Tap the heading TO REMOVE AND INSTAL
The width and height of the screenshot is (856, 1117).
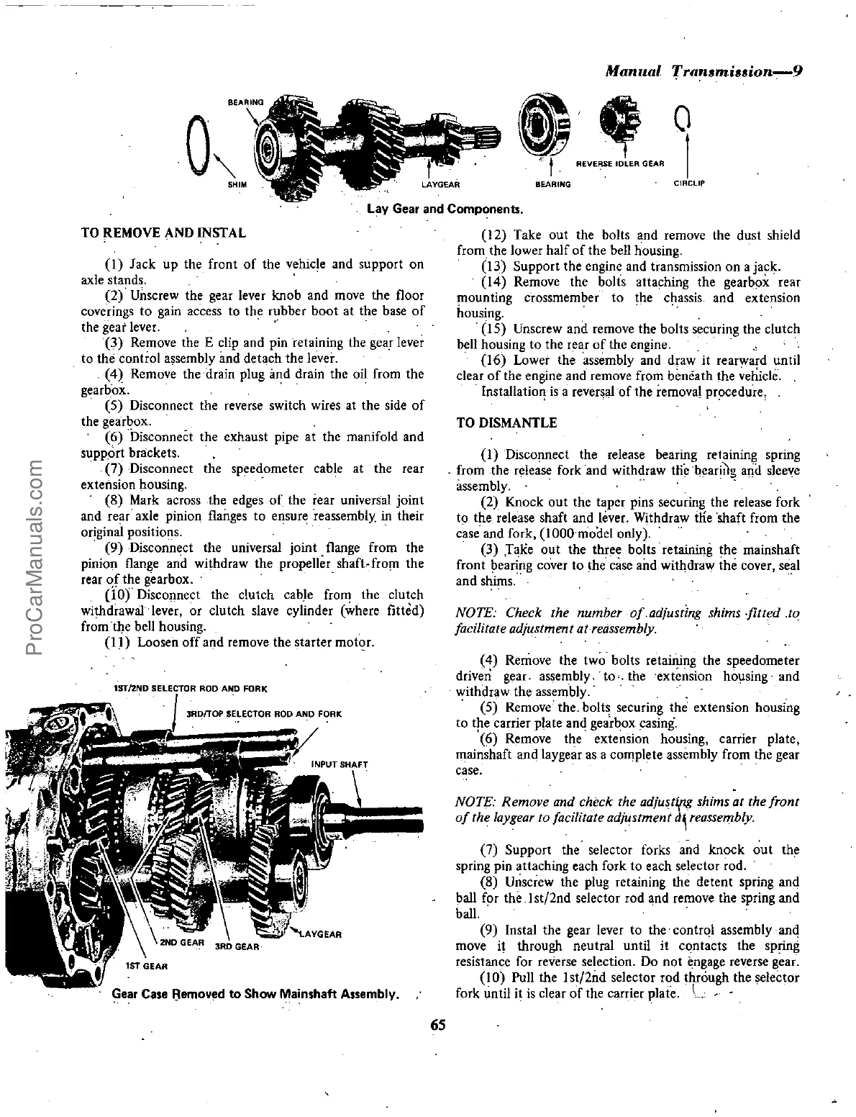(x=163, y=232)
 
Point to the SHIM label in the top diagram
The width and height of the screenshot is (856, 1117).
(x=237, y=184)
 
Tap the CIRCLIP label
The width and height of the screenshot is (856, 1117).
(x=688, y=184)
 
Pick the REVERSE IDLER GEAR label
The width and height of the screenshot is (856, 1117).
(x=620, y=163)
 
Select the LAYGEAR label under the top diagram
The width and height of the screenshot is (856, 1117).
(x=440, y=184)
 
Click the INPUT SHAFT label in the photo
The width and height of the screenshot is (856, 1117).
(x=340, y=764)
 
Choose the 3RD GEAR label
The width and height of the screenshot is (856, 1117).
(x=237, y=946)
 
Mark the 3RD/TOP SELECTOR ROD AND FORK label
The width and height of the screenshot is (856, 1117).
(x=263, y=714)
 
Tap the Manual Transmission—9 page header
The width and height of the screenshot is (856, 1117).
(x=703, y=73)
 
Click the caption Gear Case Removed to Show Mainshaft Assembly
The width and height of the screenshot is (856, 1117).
(x=255, y=995)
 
